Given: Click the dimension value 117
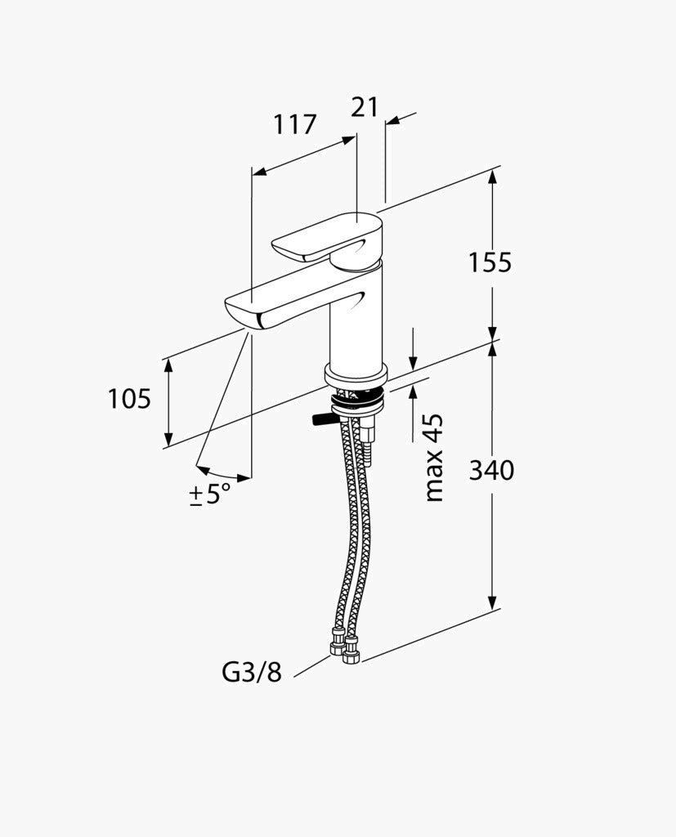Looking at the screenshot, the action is pyautogui.click(x=295, y=124).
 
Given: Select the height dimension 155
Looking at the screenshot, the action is pyautogui.click(x=490, y=262).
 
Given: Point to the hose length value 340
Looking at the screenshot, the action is pyautogui.click(x=491, y=470).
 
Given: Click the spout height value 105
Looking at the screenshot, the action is pyautogui.click(x=130, y=398).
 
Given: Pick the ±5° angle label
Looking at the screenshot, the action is pyautogui.click(x=210, y=495).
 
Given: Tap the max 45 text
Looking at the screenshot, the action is pyautogui.click(x=435, y=458).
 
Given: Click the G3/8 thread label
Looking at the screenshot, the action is pyautogui.click(x=252, y=674).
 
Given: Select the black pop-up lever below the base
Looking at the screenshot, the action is pyautogui.click(x=323, y=419).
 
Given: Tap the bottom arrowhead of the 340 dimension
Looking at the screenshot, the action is pyautogui.click(x=492, y=602).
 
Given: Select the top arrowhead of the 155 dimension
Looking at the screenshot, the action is pyautogui.click(x=492, y=177).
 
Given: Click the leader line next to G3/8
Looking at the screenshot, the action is pyautogui.click(x=311, y=666).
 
